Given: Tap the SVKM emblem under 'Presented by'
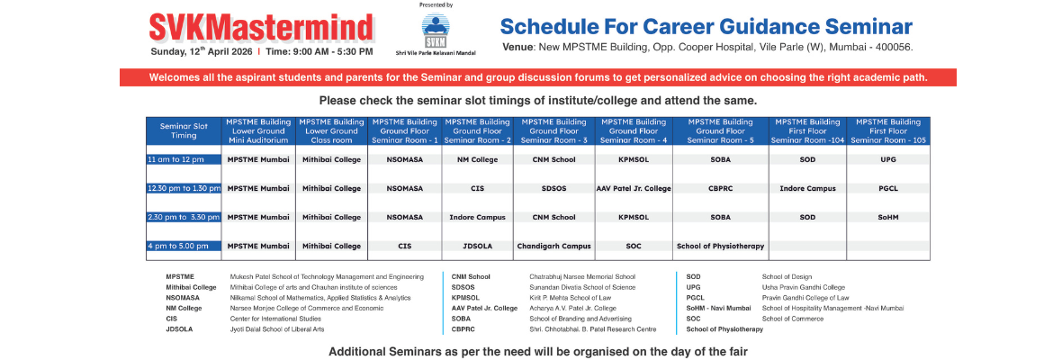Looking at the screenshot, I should click(x=436, y=30).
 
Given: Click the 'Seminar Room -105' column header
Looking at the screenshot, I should click(x=888, y=130).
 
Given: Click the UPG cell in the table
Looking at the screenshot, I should click(x=888, y=159).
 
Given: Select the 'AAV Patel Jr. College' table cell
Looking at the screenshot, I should click(x=634, y=188).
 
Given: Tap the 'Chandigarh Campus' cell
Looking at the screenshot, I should click(x=553, y=245).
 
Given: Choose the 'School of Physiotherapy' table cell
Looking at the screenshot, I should click(x=720, y=245).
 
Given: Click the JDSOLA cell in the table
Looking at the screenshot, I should click(x=477, y=245).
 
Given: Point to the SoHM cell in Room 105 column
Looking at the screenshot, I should click(x=888, y=217).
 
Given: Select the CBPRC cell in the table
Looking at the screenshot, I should click(x=720, y=188).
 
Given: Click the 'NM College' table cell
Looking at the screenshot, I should click(x=477, y=159).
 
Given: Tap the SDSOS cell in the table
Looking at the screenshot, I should click(x=553, y=188).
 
